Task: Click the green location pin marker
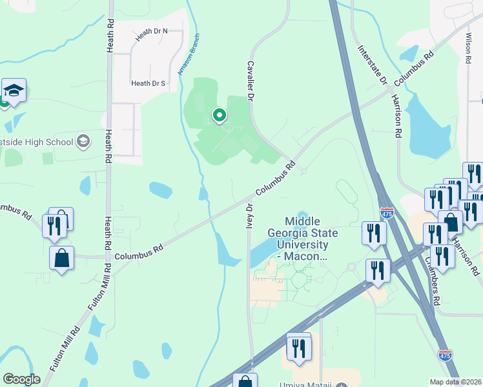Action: coord(220,116)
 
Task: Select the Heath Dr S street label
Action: coord(149,83)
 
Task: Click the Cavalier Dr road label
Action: coord(250,81)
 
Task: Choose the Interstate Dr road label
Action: coord(371,65)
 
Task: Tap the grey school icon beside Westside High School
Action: coord(83,141)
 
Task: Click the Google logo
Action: coord(21,379)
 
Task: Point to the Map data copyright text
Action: coord(456,382)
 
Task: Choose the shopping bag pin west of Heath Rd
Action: coord(62,259)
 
